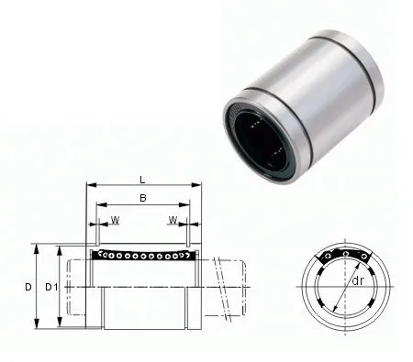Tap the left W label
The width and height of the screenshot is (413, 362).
[116, 219]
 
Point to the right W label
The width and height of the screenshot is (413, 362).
[172, 219]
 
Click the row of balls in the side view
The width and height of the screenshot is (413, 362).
[142, 254]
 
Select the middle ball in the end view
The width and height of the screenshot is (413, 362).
[345, 254]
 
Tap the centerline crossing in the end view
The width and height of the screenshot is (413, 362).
[345, 286]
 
